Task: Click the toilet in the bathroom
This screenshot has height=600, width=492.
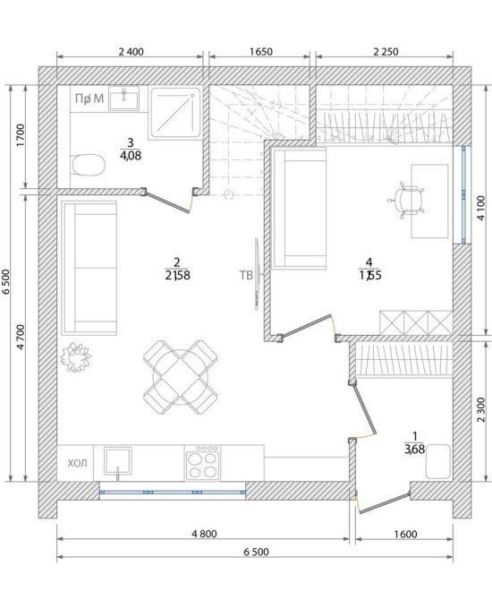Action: [x=89, y=165]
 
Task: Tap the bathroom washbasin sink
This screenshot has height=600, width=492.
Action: [x=123, y=98]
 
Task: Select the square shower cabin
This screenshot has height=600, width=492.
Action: [x=176, y=113]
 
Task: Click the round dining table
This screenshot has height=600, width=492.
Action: [x=181, y=377]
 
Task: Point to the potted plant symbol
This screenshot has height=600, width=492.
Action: [x=75, y=357]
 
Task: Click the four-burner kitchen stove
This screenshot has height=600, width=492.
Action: [x=202, y=462]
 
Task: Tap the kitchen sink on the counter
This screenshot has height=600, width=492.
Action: [x=118, y=462]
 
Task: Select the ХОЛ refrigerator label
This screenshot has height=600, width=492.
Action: [x=77, y=463]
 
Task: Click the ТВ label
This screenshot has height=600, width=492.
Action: [x=246, y=275]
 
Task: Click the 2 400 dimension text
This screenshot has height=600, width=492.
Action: [x=131, y=52]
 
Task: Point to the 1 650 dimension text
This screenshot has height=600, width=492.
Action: [x=260, y=52]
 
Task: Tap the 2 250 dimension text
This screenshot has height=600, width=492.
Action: [x=386, y=52]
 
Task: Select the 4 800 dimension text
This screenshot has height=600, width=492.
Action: [x=204, y=534]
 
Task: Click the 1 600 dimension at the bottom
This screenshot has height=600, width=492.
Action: [x=405, y=534]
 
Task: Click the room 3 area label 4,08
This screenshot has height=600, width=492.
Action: [x=131, y=155]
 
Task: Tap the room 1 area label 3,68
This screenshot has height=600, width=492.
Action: [x=414, y=449]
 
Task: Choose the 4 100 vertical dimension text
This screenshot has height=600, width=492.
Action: [x=481, y=208]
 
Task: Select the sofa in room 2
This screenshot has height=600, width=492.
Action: [x=89, y=268]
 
